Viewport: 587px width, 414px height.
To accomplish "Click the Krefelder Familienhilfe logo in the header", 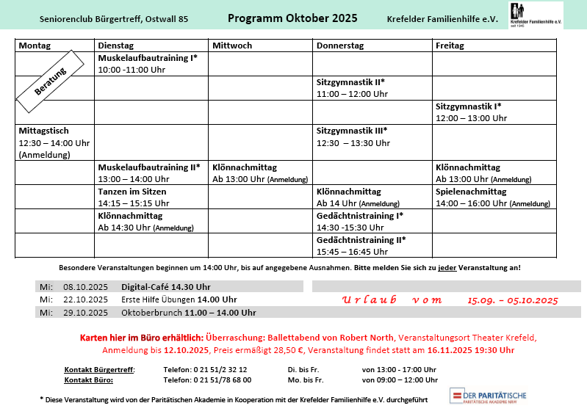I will click(x=536, y=15).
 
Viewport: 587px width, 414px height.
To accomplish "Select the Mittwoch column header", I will click(x=232, y=46).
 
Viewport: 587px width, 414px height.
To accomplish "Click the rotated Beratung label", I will click(x=51, y=81).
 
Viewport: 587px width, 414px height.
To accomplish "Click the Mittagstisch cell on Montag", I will click(x=54, y=142).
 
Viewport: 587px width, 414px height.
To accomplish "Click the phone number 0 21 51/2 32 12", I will click(x=205, y=369).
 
